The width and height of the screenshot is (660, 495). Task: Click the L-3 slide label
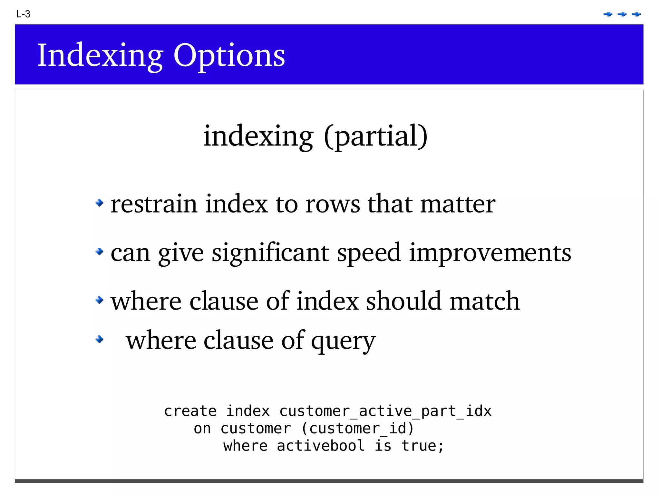pyautogui.click(x=23, y=14)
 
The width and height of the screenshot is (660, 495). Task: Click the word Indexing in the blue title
pyautogui.click(x=100, y=56)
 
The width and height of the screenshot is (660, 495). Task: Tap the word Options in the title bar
pyautogui.click(x=229, y=56)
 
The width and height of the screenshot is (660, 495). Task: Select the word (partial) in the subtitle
pyautogui.click(x=376, y=136)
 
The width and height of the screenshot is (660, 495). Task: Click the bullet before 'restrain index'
pyautogui.click(x=100, y=203)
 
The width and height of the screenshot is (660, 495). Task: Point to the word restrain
pyautogui.click(x=154, y=204)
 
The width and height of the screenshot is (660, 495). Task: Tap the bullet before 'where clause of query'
pyautogui.click(x=100, y=339)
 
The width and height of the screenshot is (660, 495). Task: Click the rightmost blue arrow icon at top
pyautogui.click(x=636, y=14)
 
